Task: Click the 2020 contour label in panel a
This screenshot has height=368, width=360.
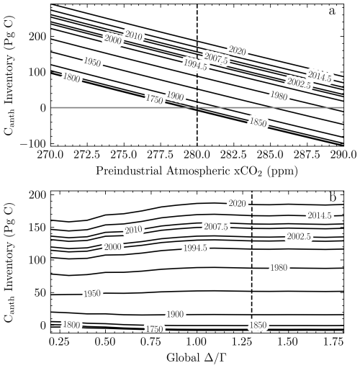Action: coord(237,50)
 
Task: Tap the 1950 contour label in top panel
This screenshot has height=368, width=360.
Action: coord(92,62)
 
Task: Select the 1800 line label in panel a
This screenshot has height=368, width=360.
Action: coord(71,78)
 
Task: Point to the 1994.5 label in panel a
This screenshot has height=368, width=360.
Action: coord(195,65)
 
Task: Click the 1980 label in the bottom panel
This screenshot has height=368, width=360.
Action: coord(279,268)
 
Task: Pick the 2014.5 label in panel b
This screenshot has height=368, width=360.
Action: coord(320,215)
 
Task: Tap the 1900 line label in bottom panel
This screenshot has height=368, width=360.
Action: coord(175,314)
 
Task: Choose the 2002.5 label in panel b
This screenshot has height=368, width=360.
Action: coord(299,237)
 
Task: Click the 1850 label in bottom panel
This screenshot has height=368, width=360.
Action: coord(258,326)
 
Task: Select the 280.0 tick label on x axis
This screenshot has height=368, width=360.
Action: coord(197,155)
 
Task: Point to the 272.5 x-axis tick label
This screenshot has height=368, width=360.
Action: coord(87,155)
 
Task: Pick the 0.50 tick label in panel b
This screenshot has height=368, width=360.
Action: coord(106,341)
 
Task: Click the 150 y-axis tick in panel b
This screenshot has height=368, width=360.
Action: coord(37,227)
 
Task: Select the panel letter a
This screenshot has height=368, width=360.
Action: coord(332,12)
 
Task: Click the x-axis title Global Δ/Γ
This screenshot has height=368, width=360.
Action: coord(197,358)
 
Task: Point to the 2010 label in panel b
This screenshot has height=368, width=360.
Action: coord(134,230)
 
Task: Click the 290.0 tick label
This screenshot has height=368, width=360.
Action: coord(343,155)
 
